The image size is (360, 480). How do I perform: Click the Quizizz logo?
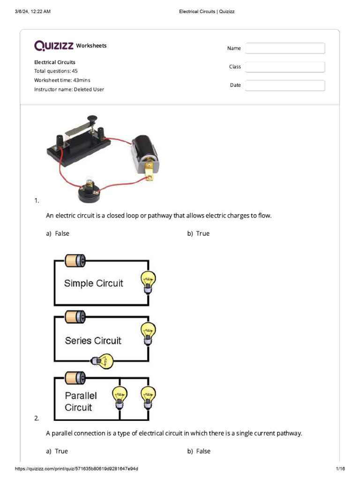(54, 45)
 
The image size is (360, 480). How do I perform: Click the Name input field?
(285, 48)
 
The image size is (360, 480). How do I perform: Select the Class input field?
(285, 67)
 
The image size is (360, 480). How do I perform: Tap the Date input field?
(285, 85)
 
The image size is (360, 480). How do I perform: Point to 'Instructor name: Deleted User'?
(69, 89)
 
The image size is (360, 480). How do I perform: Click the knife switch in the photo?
(78, 141)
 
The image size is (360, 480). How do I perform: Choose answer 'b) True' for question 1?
(199, 233)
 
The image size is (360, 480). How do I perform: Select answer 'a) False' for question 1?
(58, 233)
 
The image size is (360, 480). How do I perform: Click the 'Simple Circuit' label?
(93, 283)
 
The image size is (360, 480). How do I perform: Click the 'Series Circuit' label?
(93, 341)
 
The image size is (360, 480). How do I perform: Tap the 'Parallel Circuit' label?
(81, 401)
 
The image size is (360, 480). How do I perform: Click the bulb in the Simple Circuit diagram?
(148, 283)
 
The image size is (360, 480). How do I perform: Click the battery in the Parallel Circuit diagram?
(75, 377)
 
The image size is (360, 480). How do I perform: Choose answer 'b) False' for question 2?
(199, 451)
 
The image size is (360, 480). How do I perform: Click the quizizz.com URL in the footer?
(77, 469)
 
